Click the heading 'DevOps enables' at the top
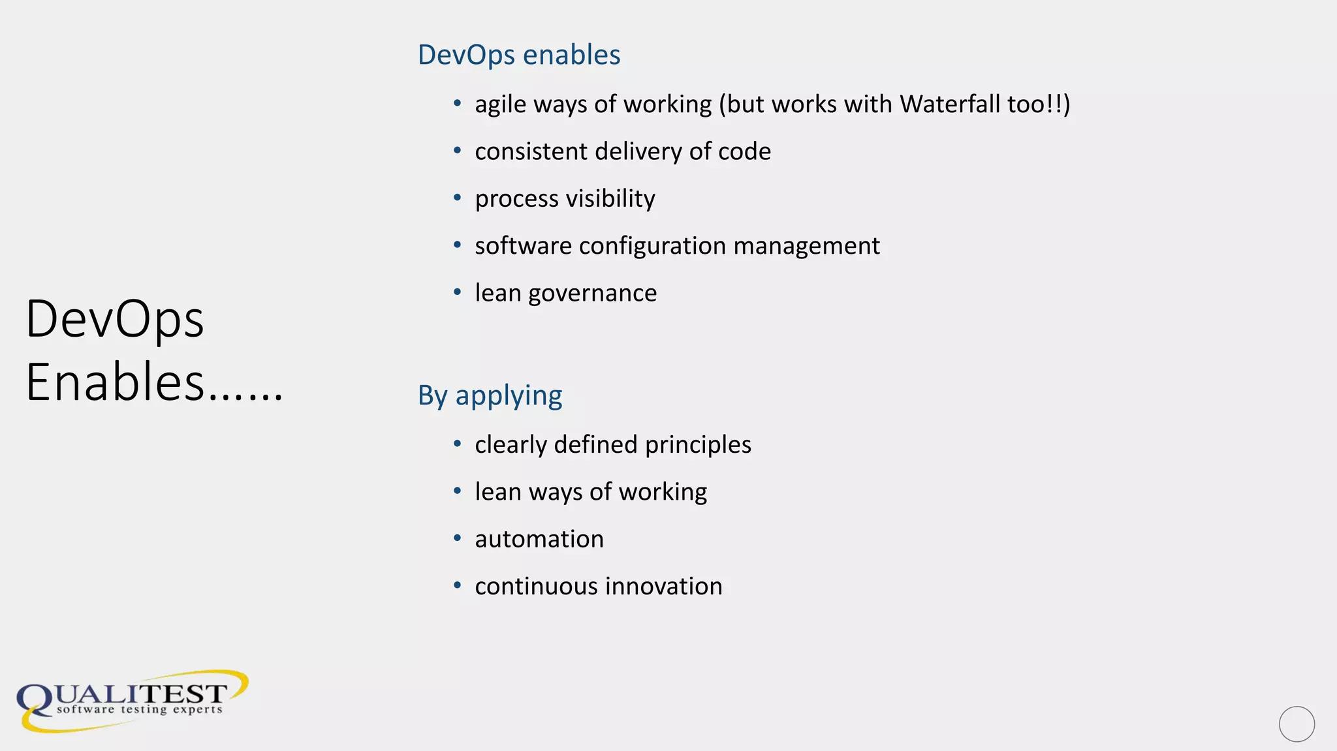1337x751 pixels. coord(518,55)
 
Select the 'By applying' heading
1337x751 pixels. coord(490,395)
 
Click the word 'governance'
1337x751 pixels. coord(592,293)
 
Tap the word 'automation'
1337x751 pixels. coord(539,539)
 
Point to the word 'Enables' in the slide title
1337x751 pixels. coord(115,382)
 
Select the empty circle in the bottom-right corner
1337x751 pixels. coord(1297,724)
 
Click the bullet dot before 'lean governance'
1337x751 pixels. coord(458,292)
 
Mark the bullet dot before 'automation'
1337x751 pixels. coord(458,538)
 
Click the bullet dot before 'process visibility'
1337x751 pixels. coord(458,198)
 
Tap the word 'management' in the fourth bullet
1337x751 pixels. coord(806,246)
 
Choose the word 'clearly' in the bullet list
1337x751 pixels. coord(511,445)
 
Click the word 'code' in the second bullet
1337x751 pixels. coord(744,151)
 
